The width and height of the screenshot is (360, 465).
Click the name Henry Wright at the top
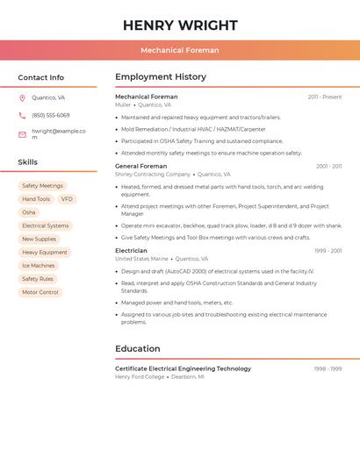180,25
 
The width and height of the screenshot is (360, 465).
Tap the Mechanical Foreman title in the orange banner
180,50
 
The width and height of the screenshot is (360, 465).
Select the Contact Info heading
40,77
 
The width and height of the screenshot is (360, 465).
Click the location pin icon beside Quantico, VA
22,98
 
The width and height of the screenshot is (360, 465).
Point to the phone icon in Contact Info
22,115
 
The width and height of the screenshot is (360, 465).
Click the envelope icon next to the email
22,134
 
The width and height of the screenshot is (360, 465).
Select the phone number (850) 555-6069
50,115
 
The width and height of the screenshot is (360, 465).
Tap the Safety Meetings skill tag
42,186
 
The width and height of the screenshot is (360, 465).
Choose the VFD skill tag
67,199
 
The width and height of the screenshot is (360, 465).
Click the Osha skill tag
29,212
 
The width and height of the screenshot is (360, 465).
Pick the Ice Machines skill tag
38,265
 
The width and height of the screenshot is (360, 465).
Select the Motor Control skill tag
40,292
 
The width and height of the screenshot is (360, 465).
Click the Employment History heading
161,77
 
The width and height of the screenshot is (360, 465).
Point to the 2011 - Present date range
325,97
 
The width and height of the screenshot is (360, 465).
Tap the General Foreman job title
140,166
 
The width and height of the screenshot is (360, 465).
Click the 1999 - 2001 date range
328,251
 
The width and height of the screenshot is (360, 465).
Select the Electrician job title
131,251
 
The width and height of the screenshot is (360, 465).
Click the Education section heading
138,348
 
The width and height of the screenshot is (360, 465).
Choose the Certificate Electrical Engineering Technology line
183,368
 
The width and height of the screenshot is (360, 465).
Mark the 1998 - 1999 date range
328,368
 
